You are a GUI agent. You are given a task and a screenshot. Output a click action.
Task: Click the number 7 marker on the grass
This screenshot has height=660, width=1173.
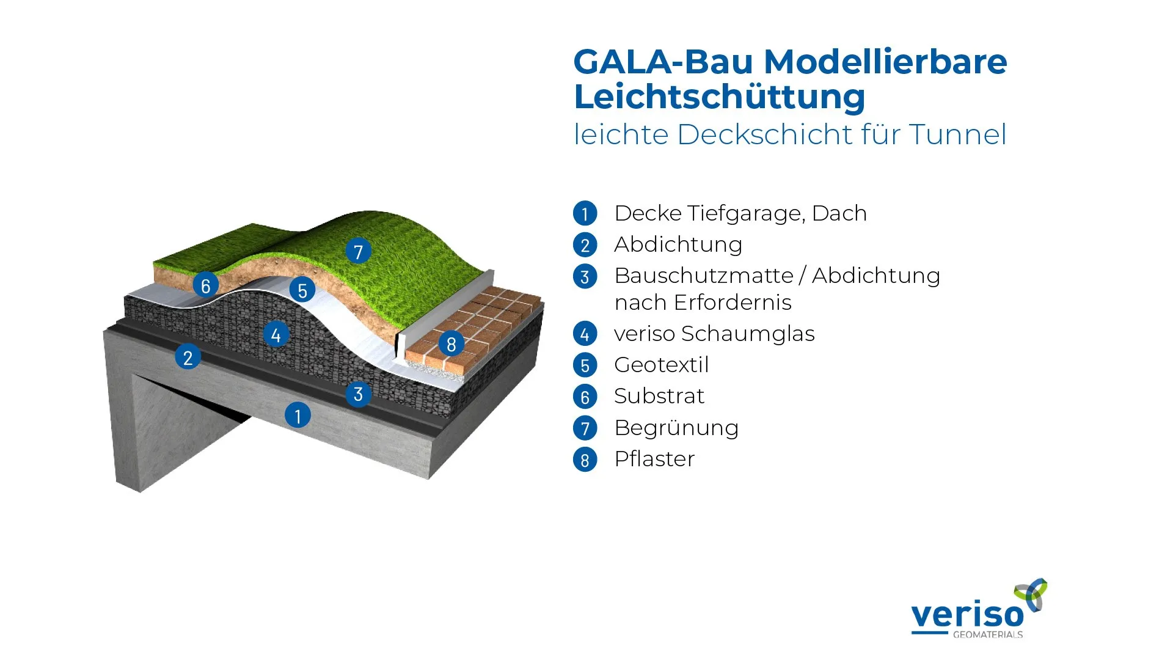(x=359, y=251)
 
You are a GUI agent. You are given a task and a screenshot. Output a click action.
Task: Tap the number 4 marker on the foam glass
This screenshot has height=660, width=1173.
(x=276, y=334)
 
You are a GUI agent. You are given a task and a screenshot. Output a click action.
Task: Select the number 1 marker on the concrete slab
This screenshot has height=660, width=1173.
(x=298, y=416)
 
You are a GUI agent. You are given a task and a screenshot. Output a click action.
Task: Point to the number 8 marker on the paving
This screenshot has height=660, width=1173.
(x=451, y=344)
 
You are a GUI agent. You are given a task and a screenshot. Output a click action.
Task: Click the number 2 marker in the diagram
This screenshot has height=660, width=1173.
(x=188, y=357)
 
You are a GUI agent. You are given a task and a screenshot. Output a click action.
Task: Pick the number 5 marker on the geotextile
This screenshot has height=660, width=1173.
(x=302, y=290)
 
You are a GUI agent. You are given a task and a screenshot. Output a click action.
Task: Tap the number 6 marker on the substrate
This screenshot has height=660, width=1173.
(x=206, y=285)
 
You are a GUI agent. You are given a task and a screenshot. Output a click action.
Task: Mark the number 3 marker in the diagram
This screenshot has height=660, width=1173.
(x=359, y=394)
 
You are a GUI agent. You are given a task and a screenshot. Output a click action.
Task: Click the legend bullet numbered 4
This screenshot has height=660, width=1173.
(x=585, y=334)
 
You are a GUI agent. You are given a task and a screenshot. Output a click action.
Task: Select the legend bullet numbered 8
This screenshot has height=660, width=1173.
(x=585, y=460)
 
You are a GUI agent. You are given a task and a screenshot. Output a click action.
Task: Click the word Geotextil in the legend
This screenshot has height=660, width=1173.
(x=662, y=365)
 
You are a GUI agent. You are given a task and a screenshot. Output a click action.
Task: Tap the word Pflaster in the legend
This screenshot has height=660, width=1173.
(x=655, y=459)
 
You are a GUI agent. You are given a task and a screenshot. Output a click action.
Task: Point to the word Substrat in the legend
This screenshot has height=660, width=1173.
(x=659, y=396)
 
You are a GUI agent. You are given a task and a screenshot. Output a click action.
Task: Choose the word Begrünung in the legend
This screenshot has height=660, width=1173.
(x=677, y=428)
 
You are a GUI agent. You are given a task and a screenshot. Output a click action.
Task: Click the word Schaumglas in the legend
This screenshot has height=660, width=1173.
(x=748, y=334)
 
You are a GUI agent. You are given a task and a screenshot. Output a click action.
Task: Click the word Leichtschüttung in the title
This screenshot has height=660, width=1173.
(x=720, y=97)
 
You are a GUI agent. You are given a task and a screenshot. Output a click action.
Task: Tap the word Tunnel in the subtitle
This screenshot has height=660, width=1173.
(x=957, y=134)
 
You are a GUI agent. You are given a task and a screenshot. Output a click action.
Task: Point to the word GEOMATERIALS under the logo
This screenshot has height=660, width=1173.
(x=988, y=634)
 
